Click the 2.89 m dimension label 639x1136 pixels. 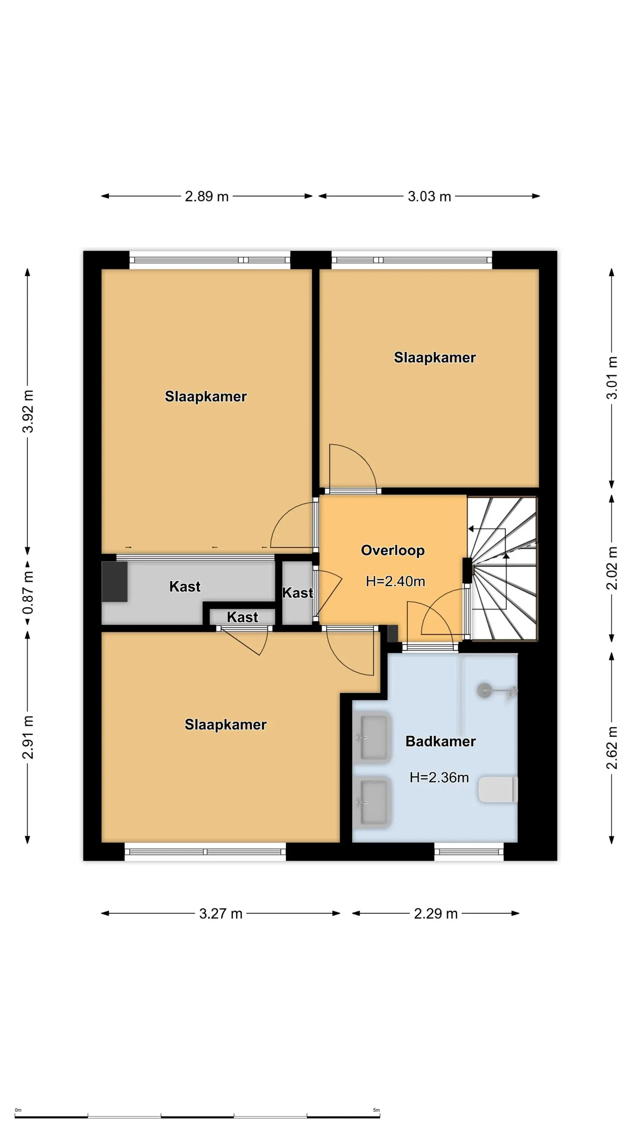pyautogui.click(x=206, y=196)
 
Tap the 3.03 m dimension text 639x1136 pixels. pyautogui.click(x=429, y=196)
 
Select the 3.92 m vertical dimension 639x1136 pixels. pyautogui.click(x=28, y=411)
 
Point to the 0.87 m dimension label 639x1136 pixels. pyautogui.click(x=28, y=592)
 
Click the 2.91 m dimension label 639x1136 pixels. pyautogui.click(x=28, y=737)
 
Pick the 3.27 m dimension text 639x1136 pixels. pyautogui.click(x=220, y=913)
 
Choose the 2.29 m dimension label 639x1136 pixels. pyautogui.click(x=436, y=913)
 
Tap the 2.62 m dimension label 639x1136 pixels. pyautogui.click(x=612, y=747)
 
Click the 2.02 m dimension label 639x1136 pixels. pyautogui.click(x=612, y=568)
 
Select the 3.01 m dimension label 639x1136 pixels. pyautogui.click(x=612, y=378)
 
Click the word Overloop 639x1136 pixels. pyautogui.click(x=393, y=550)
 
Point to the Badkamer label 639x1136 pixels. pyautogui.click(x=441, y=741)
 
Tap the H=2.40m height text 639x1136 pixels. pyautogui.click(x=396, y=581)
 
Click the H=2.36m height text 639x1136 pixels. pyautogui.click(x=439, y=777)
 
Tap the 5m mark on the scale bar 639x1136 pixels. pyautogui.click(x=376, y=1110)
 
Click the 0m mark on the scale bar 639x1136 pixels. pyautogui.click(x=18, y=1110)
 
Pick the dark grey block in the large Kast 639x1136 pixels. pyautogui.click(x=115, y=581)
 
